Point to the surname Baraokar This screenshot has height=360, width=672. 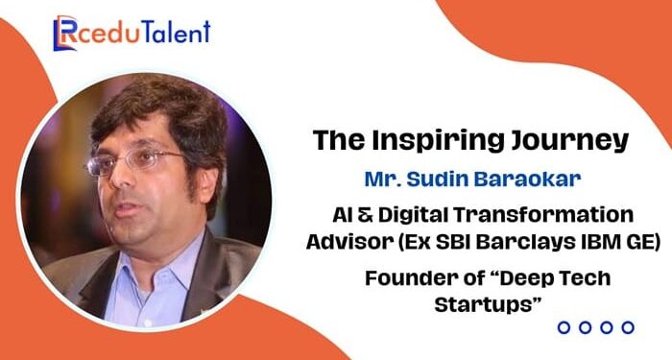pos(516,180)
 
